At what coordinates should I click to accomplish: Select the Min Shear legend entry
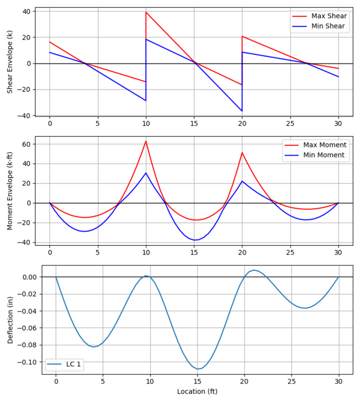pyautogui.click(x=328, y=26)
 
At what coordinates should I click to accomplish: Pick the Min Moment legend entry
pyautogui.click(x=323, y=155)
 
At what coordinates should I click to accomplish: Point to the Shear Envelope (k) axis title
pyautogui.click(x=9, y=62)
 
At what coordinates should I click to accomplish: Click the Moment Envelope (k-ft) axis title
pyautogui.click(x=9, y=191)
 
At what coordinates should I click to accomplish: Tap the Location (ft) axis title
pyautogui.click(x=197, y=391)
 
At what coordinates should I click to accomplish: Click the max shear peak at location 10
pyautogui.click(x=146, y=12)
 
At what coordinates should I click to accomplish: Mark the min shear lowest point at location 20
pyautogui.click(x=242, y=111)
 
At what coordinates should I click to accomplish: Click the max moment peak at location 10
pyautogui.click(x=146, y=141)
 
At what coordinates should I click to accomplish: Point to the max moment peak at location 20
pyautogui.click(x=242, y=152)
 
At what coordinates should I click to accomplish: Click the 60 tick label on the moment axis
pyautogui.click(x=27, y=144)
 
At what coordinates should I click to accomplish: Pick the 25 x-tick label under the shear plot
pyautogui.click(x=290, y=123)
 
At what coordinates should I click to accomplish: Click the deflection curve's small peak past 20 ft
pyautogui.click(x=254, y=270)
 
